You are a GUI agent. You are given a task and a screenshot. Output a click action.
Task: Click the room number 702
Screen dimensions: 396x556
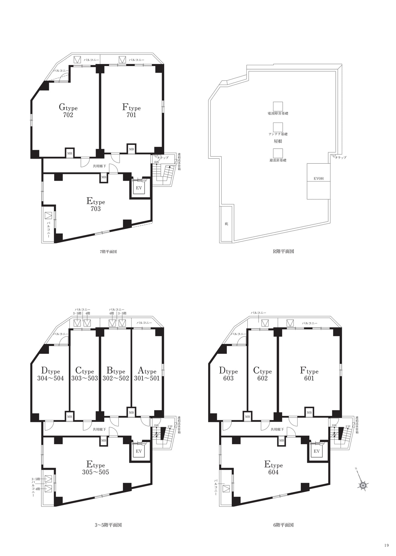click(68, 115)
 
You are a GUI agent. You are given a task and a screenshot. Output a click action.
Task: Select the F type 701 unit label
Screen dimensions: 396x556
click(131, 111)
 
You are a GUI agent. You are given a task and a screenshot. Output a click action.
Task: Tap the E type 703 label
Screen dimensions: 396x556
click(96, 205)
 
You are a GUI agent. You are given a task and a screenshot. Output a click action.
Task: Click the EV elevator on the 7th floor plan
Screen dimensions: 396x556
click(139, 188)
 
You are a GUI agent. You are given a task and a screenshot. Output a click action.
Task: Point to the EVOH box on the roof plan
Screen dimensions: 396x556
click(319, 181)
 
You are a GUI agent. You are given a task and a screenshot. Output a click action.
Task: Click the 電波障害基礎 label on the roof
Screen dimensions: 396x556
click(278, 114)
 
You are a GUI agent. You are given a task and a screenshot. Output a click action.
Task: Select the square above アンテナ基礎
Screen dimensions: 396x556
click(278, 127)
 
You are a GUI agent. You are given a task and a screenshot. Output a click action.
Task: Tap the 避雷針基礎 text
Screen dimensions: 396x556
click(278, 160)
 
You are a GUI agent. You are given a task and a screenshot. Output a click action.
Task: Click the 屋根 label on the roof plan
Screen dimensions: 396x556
click(278, 141)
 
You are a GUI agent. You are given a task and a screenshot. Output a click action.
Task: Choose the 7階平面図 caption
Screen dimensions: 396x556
click(108, 252)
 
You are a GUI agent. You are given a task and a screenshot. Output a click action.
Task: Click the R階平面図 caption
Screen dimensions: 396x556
click(283, 251)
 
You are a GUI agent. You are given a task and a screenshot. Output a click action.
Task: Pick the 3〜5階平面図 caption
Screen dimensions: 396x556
click(108, 525)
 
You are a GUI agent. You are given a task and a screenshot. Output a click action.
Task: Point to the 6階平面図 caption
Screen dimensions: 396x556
click(283, 525)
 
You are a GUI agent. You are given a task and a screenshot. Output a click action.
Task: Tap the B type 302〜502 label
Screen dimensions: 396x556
click(116, 374)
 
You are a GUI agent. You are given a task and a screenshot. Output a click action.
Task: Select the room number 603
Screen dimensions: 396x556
click(228, 378)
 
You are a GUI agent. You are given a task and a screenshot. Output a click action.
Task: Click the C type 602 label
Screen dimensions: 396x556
click(262, 374)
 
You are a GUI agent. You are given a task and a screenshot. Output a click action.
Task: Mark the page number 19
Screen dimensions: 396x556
click(387, 545)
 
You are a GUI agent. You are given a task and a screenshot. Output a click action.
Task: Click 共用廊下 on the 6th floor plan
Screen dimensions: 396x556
click(277, 429)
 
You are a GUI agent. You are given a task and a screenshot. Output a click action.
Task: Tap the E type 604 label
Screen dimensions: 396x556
click(273, 468)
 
